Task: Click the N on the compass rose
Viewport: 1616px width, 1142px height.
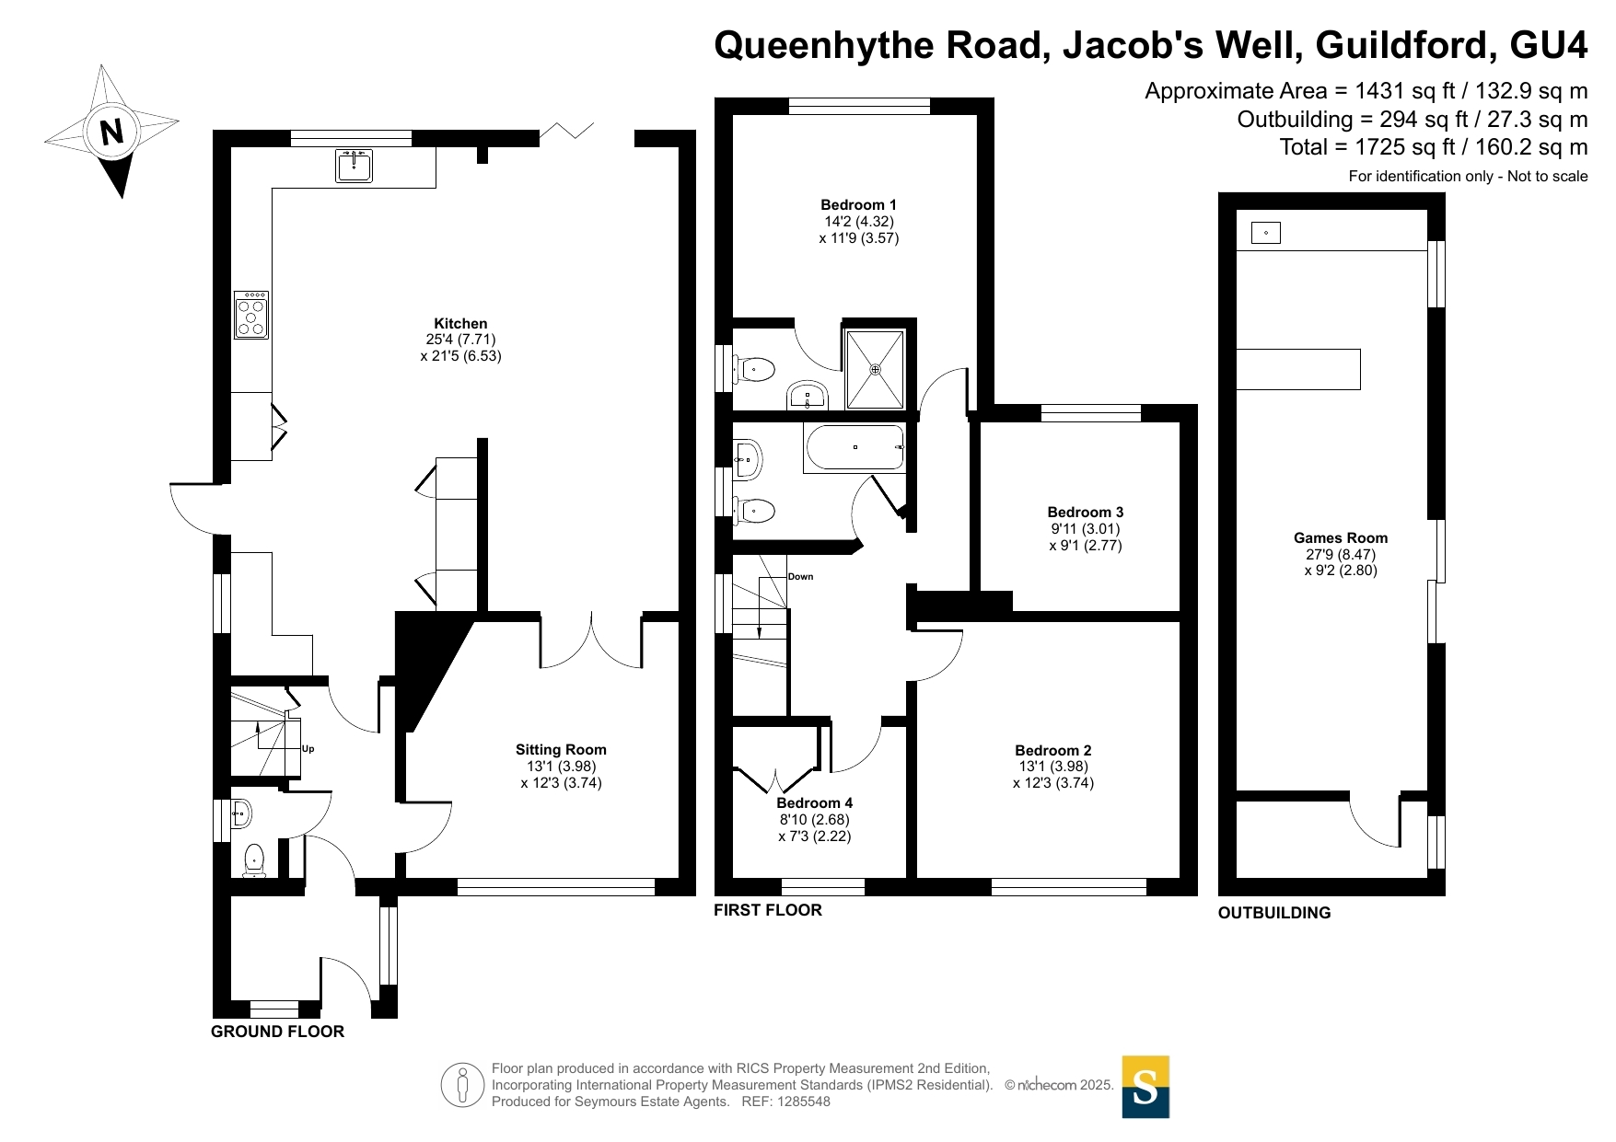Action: click(x=111, y=132)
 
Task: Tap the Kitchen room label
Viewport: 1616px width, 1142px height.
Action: click(x=460, y=323)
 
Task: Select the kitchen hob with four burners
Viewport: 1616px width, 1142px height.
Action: click(x=251, y=315)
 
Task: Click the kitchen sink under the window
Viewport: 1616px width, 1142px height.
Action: click(x=354, y=167)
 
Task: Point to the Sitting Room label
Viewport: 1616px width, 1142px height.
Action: click(x=561, y=749)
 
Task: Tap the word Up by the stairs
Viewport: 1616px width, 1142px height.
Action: click(x=308, y=749)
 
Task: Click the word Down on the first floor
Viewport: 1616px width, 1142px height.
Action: click(x=800, y=577)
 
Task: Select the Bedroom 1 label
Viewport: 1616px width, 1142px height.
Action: click(x=858, y=204)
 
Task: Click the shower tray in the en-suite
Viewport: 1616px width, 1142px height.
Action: click(x=875, y=369)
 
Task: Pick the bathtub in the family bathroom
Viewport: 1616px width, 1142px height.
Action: click(x=855, y=447)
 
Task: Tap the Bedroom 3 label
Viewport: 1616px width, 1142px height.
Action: click(x=1086, y=512)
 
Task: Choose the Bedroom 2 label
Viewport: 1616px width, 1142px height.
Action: click(x=1053, y=750)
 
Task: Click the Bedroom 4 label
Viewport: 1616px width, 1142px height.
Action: click(x=815, y=802)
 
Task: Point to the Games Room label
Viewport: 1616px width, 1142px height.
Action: click(x=1341, y=537)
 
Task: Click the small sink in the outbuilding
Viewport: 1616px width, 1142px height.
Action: click(x=1266, y=233)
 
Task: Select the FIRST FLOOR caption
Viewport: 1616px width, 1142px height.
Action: click(x=768, y=910)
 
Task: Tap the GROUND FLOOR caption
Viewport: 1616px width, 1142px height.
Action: click(x=277, y=1032)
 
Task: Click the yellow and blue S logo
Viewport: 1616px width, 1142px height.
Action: click(x=1145, y=1087)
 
